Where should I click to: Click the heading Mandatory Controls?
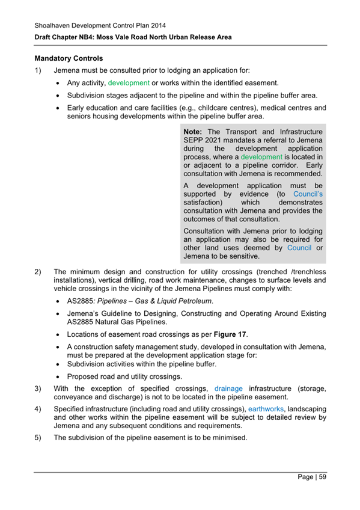point(69,59)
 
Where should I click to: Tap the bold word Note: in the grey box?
point(193,132)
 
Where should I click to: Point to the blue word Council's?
point(308,194)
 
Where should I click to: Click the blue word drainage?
point(228,388)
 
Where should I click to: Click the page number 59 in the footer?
point(322,477)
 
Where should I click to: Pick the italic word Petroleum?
point(194,301)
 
